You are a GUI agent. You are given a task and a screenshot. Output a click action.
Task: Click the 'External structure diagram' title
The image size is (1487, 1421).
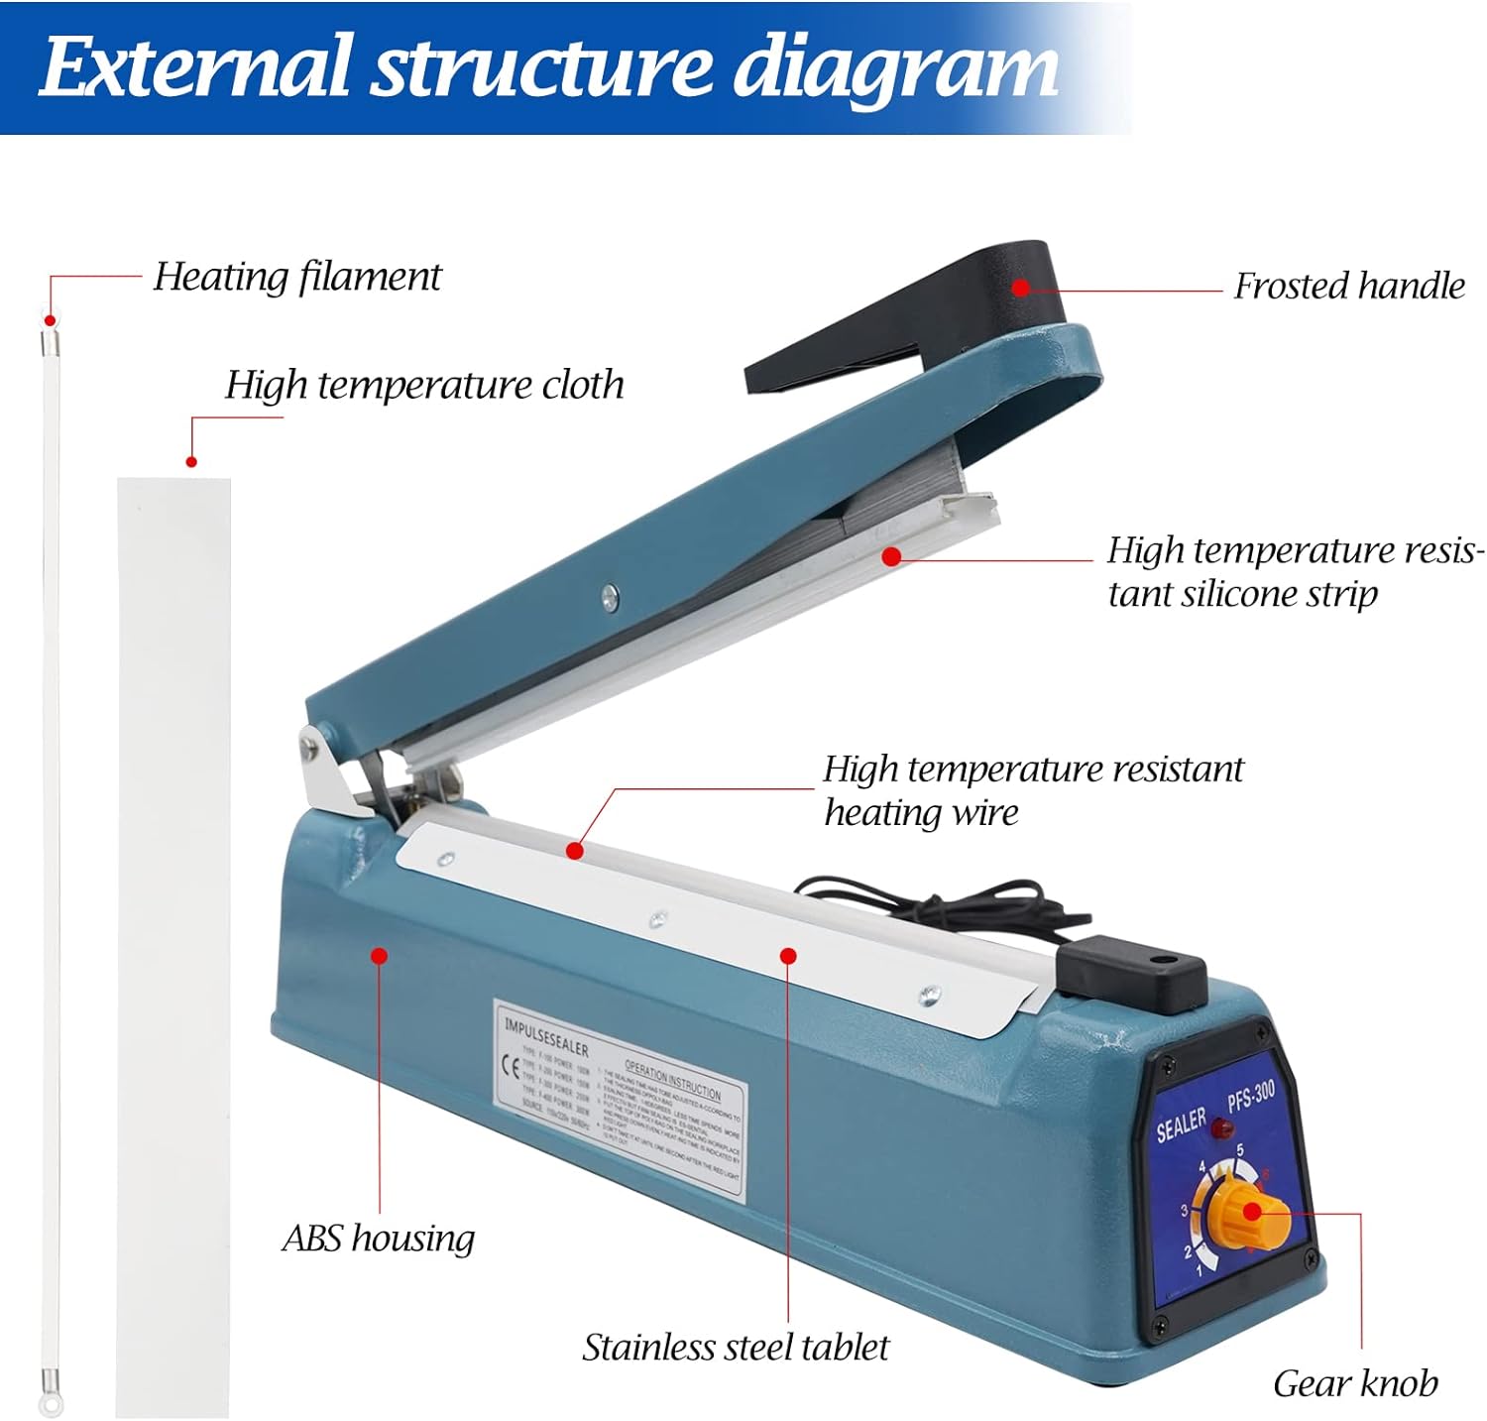point(548,66)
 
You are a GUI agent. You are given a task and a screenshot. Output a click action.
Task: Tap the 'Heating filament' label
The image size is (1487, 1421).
point(296,277)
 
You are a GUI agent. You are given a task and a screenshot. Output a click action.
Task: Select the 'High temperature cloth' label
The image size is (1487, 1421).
point(424,385)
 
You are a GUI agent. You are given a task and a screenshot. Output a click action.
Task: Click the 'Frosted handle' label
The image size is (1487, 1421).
point(1348,287)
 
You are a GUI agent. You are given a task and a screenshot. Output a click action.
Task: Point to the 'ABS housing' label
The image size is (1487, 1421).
point(378,1239)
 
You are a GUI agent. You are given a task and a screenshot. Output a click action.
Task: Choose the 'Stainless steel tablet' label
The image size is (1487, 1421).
point(735,1348)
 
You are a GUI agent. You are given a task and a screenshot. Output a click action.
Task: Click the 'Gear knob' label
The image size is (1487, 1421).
point(1354,1383)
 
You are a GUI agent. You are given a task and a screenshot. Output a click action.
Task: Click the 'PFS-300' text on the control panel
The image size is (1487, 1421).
point(1250,1097)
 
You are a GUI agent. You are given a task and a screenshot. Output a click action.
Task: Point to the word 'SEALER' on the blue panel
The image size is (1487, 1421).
point(1181,1125)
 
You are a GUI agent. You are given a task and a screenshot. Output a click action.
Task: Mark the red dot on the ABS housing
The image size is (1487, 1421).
point(379,955)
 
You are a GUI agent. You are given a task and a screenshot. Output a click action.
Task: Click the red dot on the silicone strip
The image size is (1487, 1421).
point(890,556)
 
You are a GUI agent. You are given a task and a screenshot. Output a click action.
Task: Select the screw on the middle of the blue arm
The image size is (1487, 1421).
point(610,596)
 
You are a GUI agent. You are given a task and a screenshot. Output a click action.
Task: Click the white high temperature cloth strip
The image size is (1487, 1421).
point(174,942)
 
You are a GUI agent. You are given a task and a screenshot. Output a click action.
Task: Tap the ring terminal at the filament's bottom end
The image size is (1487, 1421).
point(46,1402)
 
